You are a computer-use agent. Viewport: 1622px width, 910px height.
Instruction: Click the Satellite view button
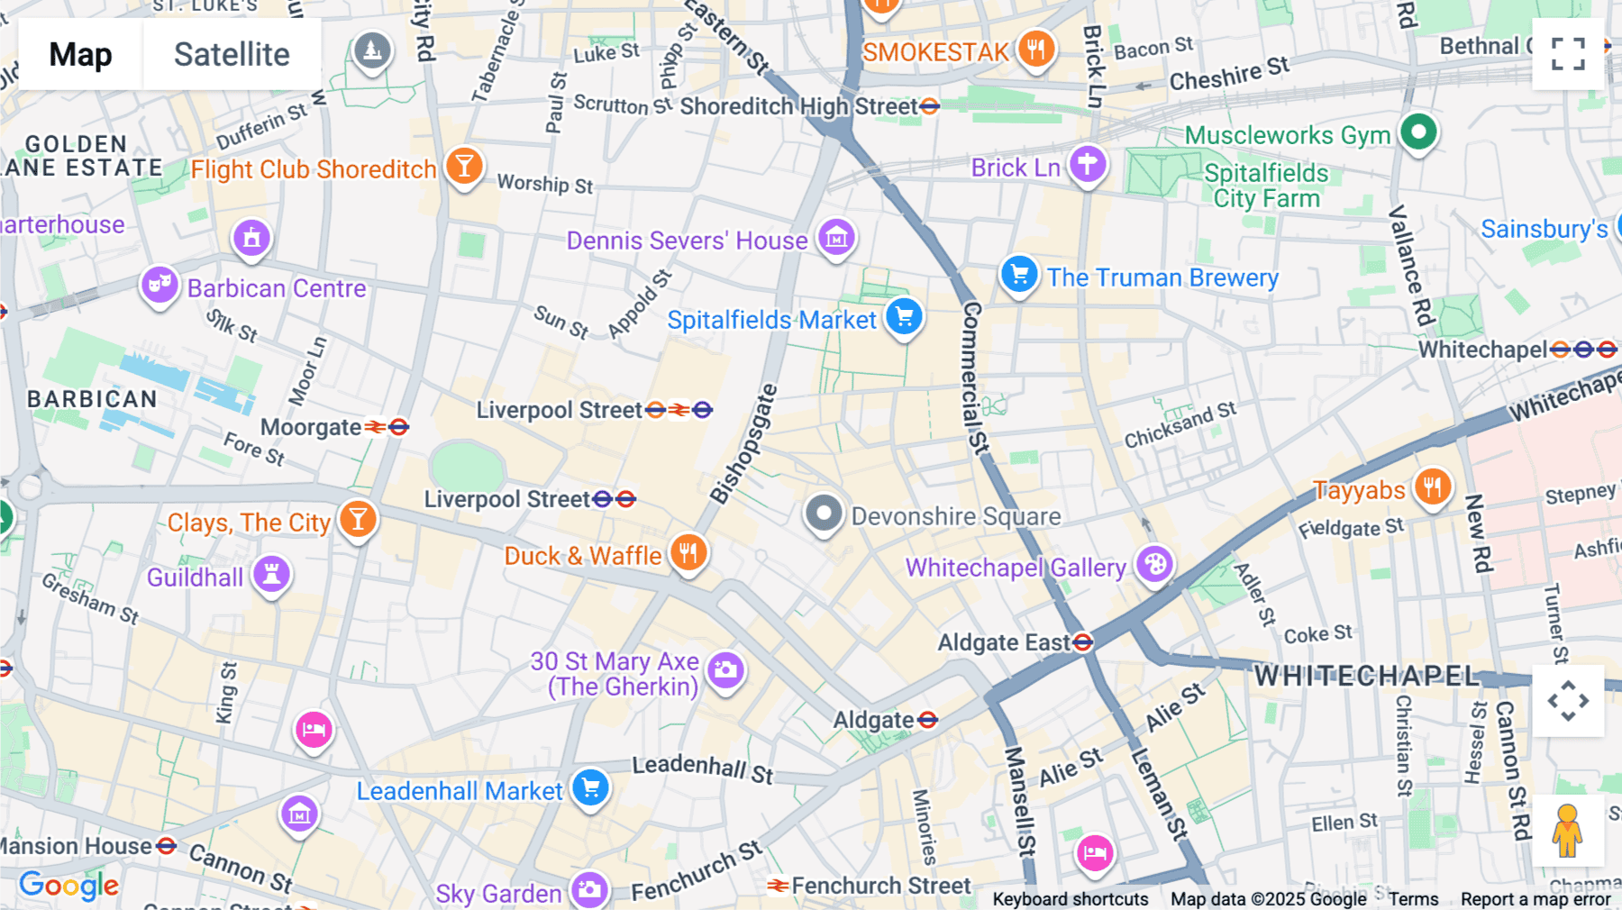(232, 54)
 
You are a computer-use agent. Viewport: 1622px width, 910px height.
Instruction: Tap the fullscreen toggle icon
(1568, 54)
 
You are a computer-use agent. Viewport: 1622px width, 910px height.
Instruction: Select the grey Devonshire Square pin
(823, 514)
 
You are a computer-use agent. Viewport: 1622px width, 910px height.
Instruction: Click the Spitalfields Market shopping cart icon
(904, 317)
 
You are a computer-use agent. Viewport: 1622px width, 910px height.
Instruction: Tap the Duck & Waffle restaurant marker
(688, 553)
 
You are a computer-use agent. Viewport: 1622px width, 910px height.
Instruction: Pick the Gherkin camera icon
(725, 670)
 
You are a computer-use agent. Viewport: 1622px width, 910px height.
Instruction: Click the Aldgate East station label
(1004, 642)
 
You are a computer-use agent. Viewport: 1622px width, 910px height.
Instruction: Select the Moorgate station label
(312, 427)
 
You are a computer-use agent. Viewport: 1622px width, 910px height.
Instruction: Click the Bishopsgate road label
(743, 443)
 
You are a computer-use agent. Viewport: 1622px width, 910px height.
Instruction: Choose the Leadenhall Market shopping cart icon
(591, 788)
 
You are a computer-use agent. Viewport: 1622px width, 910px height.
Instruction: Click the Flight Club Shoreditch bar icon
(464, 166)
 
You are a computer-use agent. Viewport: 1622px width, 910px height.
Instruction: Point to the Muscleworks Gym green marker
(1418, 132)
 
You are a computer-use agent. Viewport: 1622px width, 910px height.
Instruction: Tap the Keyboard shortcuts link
(1070, 898)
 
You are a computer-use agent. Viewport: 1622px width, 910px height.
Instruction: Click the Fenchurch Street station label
(880, 886)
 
